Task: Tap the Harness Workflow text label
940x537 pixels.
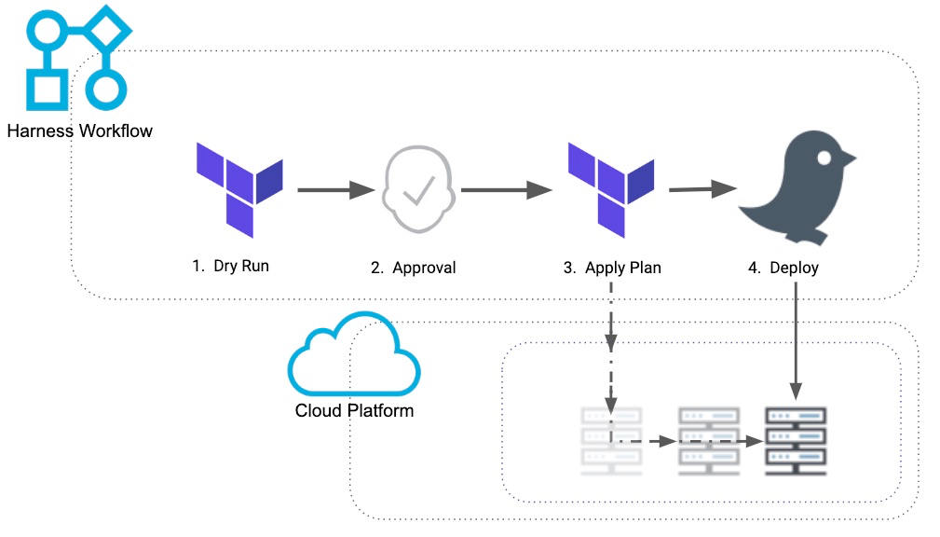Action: coord(80,131)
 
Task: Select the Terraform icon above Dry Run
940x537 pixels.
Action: coord(239,189)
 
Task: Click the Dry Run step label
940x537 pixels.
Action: coord(230,266)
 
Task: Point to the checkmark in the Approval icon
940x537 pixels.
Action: coord(419,190)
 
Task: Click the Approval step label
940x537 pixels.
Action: coord(413,268)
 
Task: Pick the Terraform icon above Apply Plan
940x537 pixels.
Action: coord(611,189)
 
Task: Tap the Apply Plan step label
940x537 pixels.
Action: coord(612,268)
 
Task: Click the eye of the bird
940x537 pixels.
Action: coord(824,158)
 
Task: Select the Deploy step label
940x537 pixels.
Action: coord(783,268)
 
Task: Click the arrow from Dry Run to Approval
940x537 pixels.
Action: coord(336,190)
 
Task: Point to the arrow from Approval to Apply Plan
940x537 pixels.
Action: coord(507,190)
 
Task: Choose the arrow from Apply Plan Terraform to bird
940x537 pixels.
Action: coord(702,189)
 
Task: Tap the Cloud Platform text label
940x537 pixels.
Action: coord(354,410)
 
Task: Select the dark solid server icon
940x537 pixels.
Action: coord(797,441)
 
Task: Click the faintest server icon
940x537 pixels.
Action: coord(611,441)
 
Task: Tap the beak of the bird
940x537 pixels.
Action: coord(849,158)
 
